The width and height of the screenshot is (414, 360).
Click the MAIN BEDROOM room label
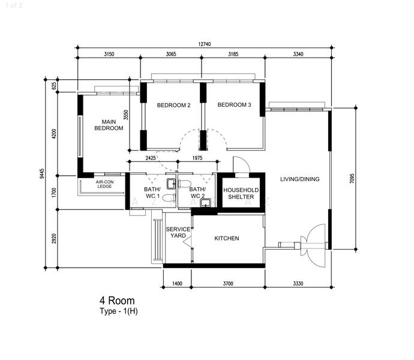coord(109,125)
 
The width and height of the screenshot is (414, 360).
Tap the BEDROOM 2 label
coord(173,106)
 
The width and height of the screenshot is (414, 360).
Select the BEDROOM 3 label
coord(234,106)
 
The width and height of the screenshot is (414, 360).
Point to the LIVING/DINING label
coord(299,179)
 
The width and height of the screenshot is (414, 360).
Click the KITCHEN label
coord(227,238)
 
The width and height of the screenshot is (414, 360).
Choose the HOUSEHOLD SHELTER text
coord(241,194)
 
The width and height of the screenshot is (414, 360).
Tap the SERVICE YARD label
coord(178,233)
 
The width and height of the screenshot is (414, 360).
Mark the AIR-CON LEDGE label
coord(105,184)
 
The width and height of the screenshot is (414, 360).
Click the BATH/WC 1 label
coord(151,193)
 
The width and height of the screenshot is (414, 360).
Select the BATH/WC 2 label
coord(197,193)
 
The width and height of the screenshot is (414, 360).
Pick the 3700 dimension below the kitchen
coord(227,283)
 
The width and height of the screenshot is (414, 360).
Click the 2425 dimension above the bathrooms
coord(151,158)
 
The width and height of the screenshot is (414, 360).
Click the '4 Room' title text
coord(117,300)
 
